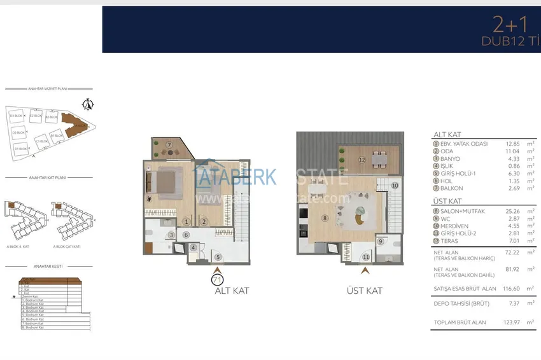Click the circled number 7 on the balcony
[x=169, y=145]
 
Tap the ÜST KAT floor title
[x=364, y=291]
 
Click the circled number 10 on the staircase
[x=395, y=186]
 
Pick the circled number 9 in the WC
[x=379, y=241]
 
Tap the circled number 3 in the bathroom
[x=171, y=235]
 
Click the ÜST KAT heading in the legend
[x=447, y=200]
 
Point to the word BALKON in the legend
[x=452, y=188]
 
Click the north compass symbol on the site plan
[x=88, y=104]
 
